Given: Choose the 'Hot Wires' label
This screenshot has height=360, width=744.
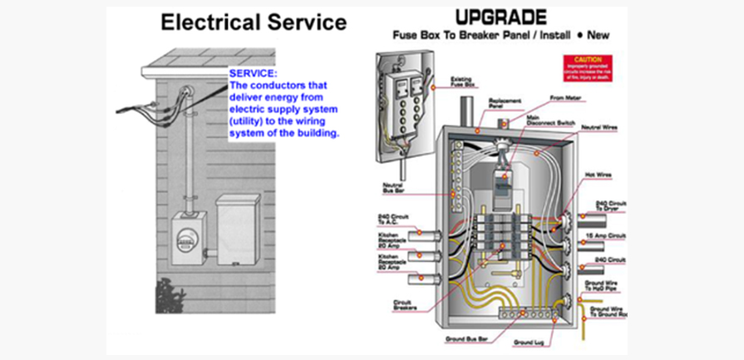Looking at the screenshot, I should [x=600, y=175].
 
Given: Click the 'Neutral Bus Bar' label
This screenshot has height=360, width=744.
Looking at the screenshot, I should [x=392, y=187].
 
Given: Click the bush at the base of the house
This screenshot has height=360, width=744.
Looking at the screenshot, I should [x=170, y=296].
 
